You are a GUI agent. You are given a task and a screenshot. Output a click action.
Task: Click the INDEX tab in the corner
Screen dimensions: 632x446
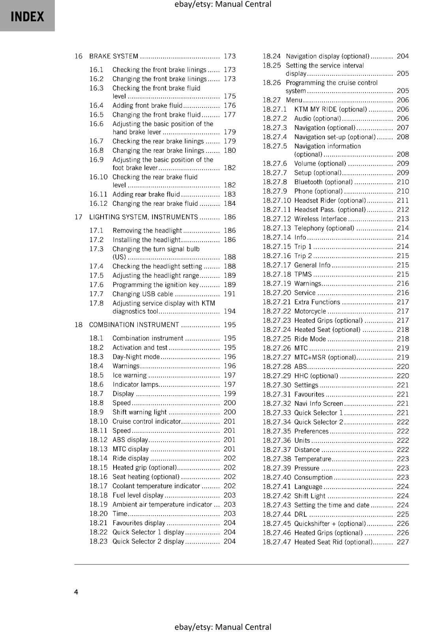click(x=27, y=16)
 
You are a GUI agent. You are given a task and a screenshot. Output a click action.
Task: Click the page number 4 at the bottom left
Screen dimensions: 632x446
click(x=76, y=592)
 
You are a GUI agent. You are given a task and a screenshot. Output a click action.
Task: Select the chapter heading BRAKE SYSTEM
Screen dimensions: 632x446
click(x=114, y=56)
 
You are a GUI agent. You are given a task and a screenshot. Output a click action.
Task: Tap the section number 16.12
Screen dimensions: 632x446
click(x=98, y=203)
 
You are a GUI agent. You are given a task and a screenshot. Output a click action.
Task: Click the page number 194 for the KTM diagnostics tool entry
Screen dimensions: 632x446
click(x=229, y=311)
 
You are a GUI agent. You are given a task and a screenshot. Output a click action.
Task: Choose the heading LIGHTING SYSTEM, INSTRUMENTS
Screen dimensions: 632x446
click(x=144, y=217)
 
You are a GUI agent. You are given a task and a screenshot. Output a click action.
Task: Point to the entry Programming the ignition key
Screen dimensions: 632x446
click(x=156, y=285)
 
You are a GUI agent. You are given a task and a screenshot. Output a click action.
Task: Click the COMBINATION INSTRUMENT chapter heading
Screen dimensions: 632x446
click(x=134, y=325)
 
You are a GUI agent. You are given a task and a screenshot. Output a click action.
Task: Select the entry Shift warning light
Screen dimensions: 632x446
click(x=140, y=412)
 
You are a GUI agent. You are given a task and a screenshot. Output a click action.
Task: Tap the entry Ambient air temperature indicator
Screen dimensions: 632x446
click(x=162, y=504)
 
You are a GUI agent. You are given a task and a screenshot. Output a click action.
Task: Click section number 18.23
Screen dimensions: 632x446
click(x=98, y=541)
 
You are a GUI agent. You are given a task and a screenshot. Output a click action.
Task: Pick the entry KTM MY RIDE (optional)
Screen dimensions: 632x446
click(x=330, y=109)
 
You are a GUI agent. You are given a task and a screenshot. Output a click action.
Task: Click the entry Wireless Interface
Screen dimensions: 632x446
click(x=320, y=219)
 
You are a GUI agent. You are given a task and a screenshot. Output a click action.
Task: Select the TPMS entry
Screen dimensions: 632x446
click(x=303, y=274)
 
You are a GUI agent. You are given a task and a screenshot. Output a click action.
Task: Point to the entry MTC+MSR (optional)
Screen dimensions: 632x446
click(x=325, y=357)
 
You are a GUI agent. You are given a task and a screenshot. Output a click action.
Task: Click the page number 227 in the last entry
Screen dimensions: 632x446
click(x=403, y=542)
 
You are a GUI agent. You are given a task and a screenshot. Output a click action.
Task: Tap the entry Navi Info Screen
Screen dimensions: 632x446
click(x=319, y=403)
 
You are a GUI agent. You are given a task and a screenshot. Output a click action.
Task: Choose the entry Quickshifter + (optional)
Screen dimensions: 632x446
click(x=330, y=523)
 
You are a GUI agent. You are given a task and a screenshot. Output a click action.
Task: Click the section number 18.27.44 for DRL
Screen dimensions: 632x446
click(x=277, y=514)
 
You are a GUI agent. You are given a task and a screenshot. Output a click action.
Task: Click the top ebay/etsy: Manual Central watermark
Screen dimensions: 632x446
click(x=223, y=4)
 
